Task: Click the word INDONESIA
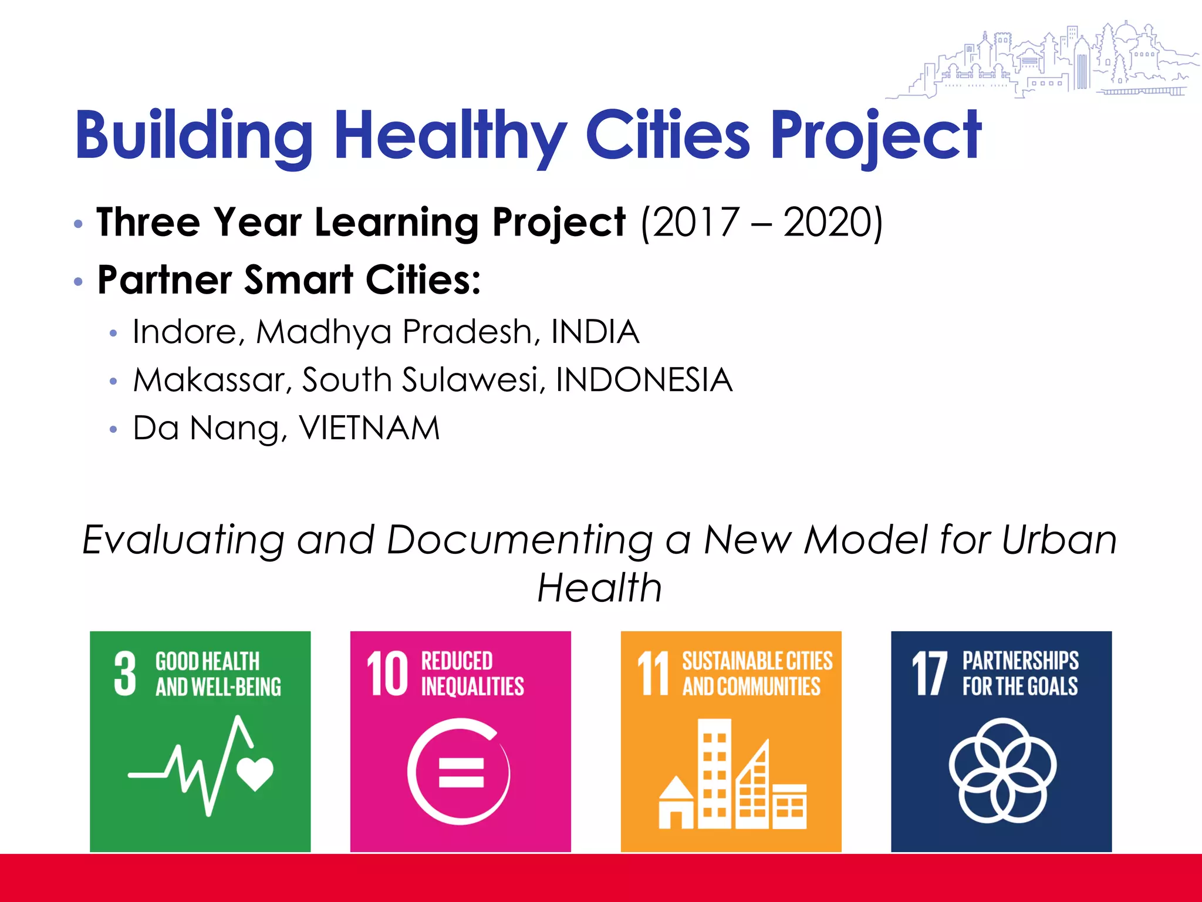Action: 644,380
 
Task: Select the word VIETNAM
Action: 369,428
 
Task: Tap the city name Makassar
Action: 209,380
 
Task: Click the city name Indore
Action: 184,332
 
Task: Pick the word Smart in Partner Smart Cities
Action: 298,280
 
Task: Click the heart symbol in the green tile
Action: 255,772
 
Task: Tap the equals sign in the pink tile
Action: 461,772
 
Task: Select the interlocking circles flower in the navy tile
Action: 1002,770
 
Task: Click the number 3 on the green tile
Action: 125,674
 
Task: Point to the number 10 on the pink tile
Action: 387,674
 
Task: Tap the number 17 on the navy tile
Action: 930,674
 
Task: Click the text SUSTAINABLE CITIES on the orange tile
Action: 757,661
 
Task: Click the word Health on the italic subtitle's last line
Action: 600,588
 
